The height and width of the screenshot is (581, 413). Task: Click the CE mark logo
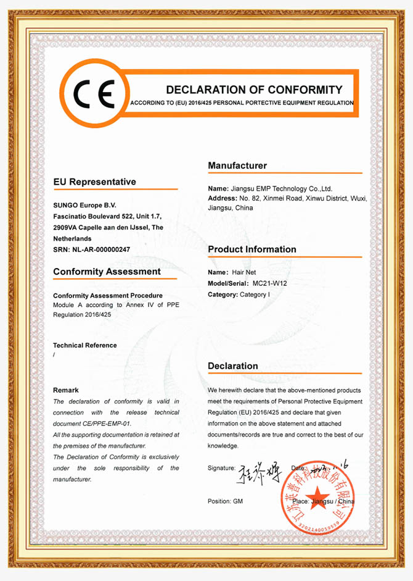pos(93,94)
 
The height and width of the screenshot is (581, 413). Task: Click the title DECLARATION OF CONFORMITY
pos(253,90)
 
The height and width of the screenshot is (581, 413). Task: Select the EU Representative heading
pos(94,182)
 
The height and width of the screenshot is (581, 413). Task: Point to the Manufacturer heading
pos(237,165)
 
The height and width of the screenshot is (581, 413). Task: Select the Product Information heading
pos(251,249)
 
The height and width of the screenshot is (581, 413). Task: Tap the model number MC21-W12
pos(270,283)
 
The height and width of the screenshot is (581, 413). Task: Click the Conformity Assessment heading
pos(107,272)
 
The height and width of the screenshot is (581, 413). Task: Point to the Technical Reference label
pos(84,345)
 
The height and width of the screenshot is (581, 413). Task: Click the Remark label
pos(66,390)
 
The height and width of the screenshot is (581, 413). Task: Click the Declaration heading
pos(232,366)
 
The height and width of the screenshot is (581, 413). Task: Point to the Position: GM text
pos(225,501)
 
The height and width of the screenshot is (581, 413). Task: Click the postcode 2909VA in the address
pos(67,227)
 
